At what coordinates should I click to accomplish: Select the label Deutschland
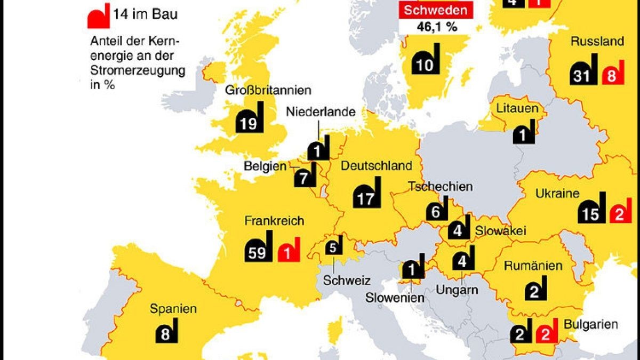click(377, 166)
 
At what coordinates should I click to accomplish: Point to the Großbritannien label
click(268, 90)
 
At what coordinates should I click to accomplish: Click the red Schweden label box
click(436, 10)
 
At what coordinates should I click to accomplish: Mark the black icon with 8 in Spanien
click(166, 332)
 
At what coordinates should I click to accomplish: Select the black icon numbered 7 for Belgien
click(306, 176)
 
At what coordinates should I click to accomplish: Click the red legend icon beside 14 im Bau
click(99, 16)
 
